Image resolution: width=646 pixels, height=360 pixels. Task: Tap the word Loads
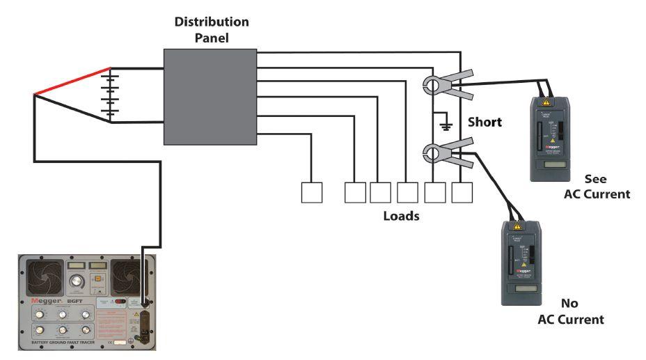pyautogui.click(x=402, y=216)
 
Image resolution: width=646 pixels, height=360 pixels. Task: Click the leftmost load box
pyautogui.click(x=311, y=193)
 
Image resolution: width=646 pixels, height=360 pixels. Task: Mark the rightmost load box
pyautogui.click(x=462, y=193)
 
